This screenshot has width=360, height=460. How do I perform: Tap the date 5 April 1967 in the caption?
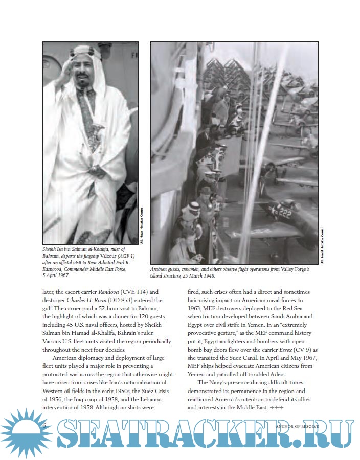coord(56,275)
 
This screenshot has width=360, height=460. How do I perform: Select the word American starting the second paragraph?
coord(67,357)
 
